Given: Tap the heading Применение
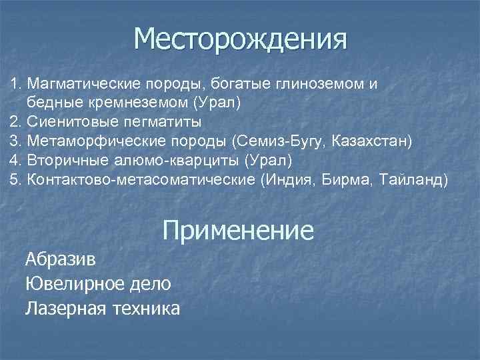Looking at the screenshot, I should point(237,231).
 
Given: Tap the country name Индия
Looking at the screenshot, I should point(289,181).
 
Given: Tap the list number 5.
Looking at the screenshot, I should point(14,181).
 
